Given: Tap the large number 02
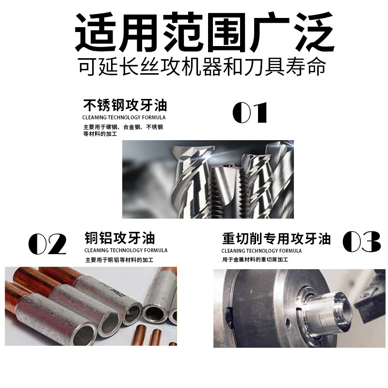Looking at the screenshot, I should coord(47,244).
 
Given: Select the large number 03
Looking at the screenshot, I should coord(361,242).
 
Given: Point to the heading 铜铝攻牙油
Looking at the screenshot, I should coord(119,239).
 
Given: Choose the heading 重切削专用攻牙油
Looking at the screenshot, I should coord(276,239).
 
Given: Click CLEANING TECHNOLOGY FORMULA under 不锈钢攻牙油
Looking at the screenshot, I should coord(124,117).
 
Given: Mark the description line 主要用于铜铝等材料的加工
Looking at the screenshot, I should coord(119,260).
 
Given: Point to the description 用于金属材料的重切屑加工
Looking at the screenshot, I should coord(255,260).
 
